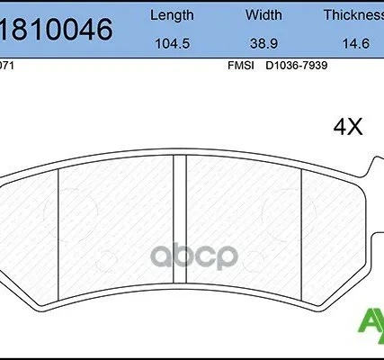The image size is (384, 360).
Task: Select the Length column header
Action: coord(171,15)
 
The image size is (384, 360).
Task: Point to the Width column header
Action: coord(263,15)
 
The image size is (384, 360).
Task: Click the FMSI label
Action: coord(240,66)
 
